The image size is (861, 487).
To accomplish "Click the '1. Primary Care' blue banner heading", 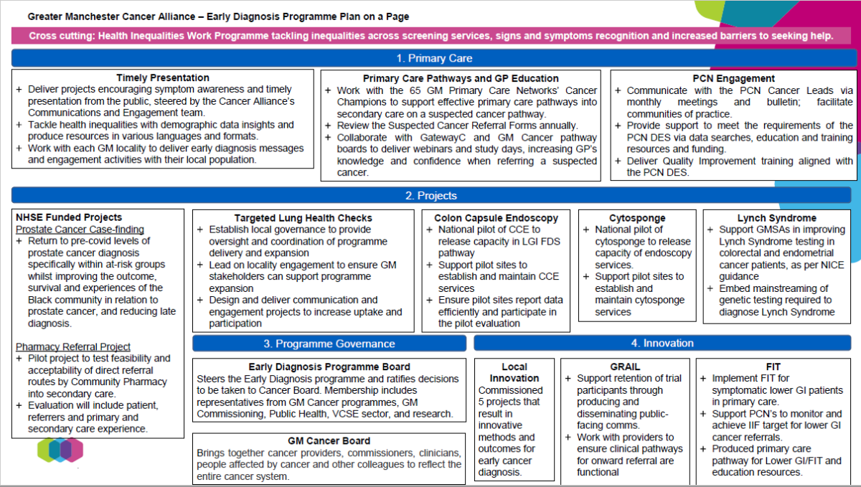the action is (434, 58).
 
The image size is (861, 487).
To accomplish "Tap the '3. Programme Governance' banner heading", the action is (329, 344).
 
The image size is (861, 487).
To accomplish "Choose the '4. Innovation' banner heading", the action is (662, 344).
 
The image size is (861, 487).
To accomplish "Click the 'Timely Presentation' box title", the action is (163, 77).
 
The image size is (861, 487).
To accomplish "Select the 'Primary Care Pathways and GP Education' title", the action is (461, 78).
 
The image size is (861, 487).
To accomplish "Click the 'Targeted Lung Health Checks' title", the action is (303, 218).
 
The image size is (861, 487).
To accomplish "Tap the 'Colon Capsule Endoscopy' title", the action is (496, 218).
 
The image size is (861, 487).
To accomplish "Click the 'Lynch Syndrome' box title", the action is (776, 218).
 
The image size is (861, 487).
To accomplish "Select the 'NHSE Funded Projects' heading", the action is (69, 217).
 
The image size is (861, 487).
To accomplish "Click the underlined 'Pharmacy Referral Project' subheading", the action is (73, 346).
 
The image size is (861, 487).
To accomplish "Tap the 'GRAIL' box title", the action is (624, 367).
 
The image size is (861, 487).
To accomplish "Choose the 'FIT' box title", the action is (773, 367).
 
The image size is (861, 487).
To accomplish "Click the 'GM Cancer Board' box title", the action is (329, 440).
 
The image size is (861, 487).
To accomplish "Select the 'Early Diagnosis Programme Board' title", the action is (329, 367).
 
